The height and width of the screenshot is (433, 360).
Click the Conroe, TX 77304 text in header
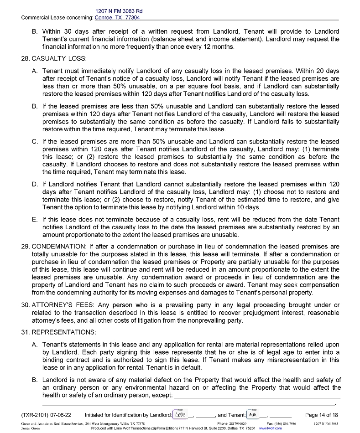pyautogui.click(x=117, y=18)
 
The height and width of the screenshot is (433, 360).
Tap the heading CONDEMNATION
pyautogui.click(x=59, y=247)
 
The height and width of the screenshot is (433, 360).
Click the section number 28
pyautogui.click(x=26, y=59)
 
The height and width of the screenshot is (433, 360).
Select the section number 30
pyautogui.click(x=26, y=305)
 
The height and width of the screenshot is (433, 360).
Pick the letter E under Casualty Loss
pyautogui.click(x=35, y=220)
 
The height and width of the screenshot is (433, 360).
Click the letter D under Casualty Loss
pyautogui.click(x=35, y=185)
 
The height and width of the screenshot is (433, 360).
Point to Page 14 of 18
pyautogui.click(x=321, y=415)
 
